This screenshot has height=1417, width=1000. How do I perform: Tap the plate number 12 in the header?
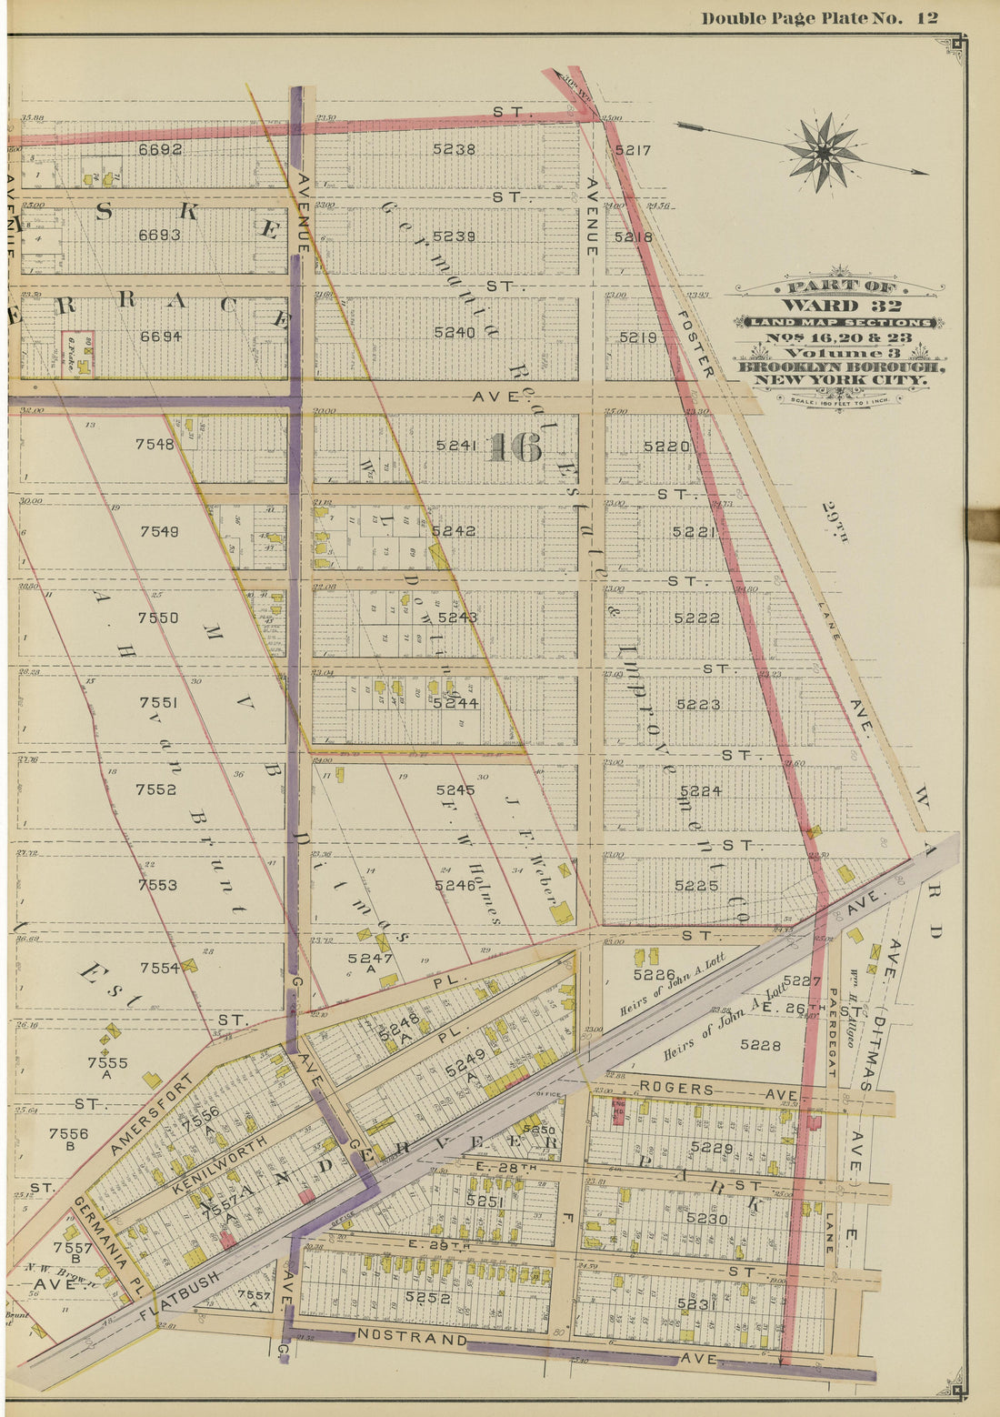pyautogui.click(x=926, y=18)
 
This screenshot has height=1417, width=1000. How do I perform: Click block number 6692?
pyautogui.click(x=160, y=149)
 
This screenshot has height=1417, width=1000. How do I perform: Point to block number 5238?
pyautogui.click(x=454, y=149)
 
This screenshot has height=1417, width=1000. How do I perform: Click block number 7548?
pyautogui.click(x=155, y=445)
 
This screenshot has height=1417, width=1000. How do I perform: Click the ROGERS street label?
pyautogui.click(x=675, y=1088)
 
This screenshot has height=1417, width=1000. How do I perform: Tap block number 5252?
pyautogui.click(x=427, y=1298)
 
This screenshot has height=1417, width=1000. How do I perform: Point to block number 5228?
pyautogui.click(x=760, y=1045)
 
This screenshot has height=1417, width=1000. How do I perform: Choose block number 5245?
pyautogui.click(x=455, y=789)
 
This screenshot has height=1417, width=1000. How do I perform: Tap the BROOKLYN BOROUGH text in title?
pyautogui.click(x=840, y=367)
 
